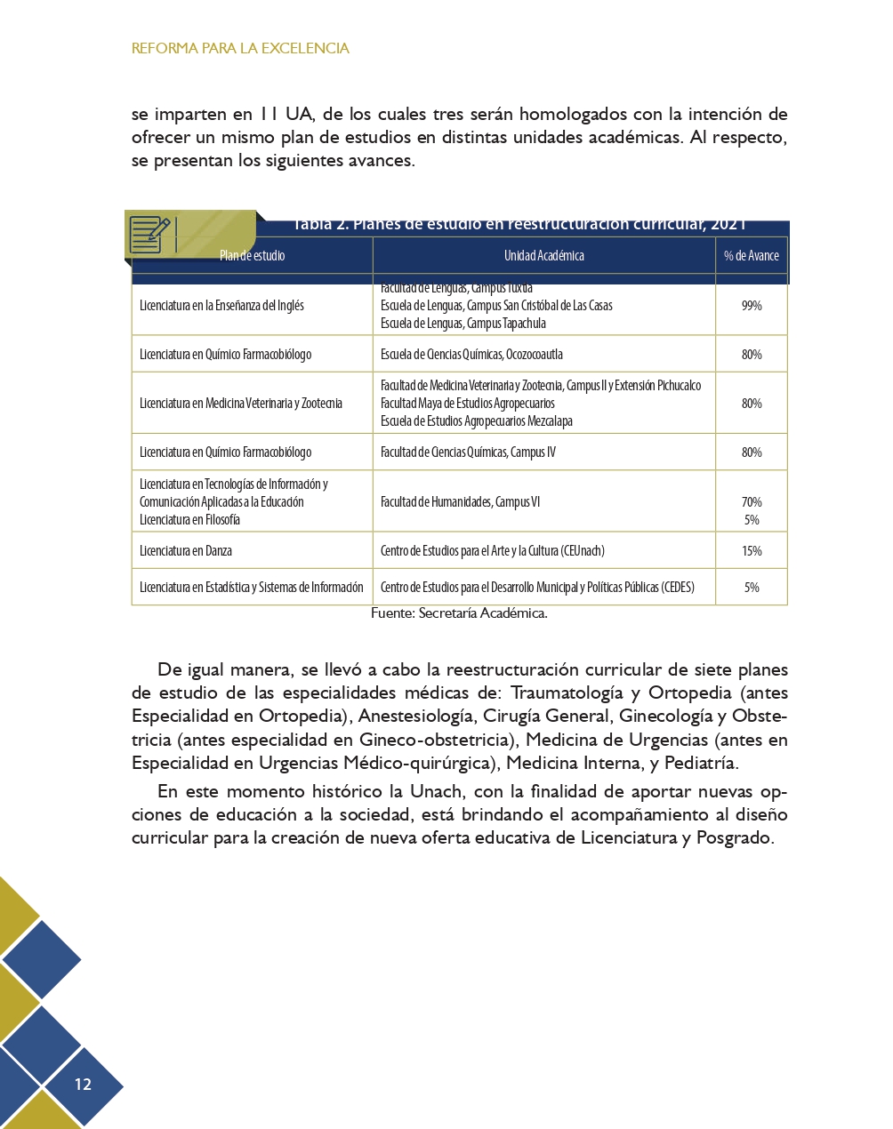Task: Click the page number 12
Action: (83, 1084)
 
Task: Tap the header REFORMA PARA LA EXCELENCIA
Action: (240, 48)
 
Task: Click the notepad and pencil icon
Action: (149, 235)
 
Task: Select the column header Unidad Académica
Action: (543, 256)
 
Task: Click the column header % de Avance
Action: (751, 256)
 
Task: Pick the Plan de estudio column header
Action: (252, 256)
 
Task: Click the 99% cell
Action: (752, 306)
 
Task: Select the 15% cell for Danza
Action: (752, 551)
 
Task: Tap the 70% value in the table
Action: (752, 502)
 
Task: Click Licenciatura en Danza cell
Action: (186, 551)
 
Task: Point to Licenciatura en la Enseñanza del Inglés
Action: (221, 306)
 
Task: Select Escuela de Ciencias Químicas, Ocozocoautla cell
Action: (471, 355)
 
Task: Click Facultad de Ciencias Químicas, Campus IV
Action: (468, 452)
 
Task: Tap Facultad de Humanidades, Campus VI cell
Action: (460, 502)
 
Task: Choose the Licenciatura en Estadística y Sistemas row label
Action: (251, 588)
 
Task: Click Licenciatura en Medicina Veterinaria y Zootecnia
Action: (240, 404)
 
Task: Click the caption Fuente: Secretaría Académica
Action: (459, 613)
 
